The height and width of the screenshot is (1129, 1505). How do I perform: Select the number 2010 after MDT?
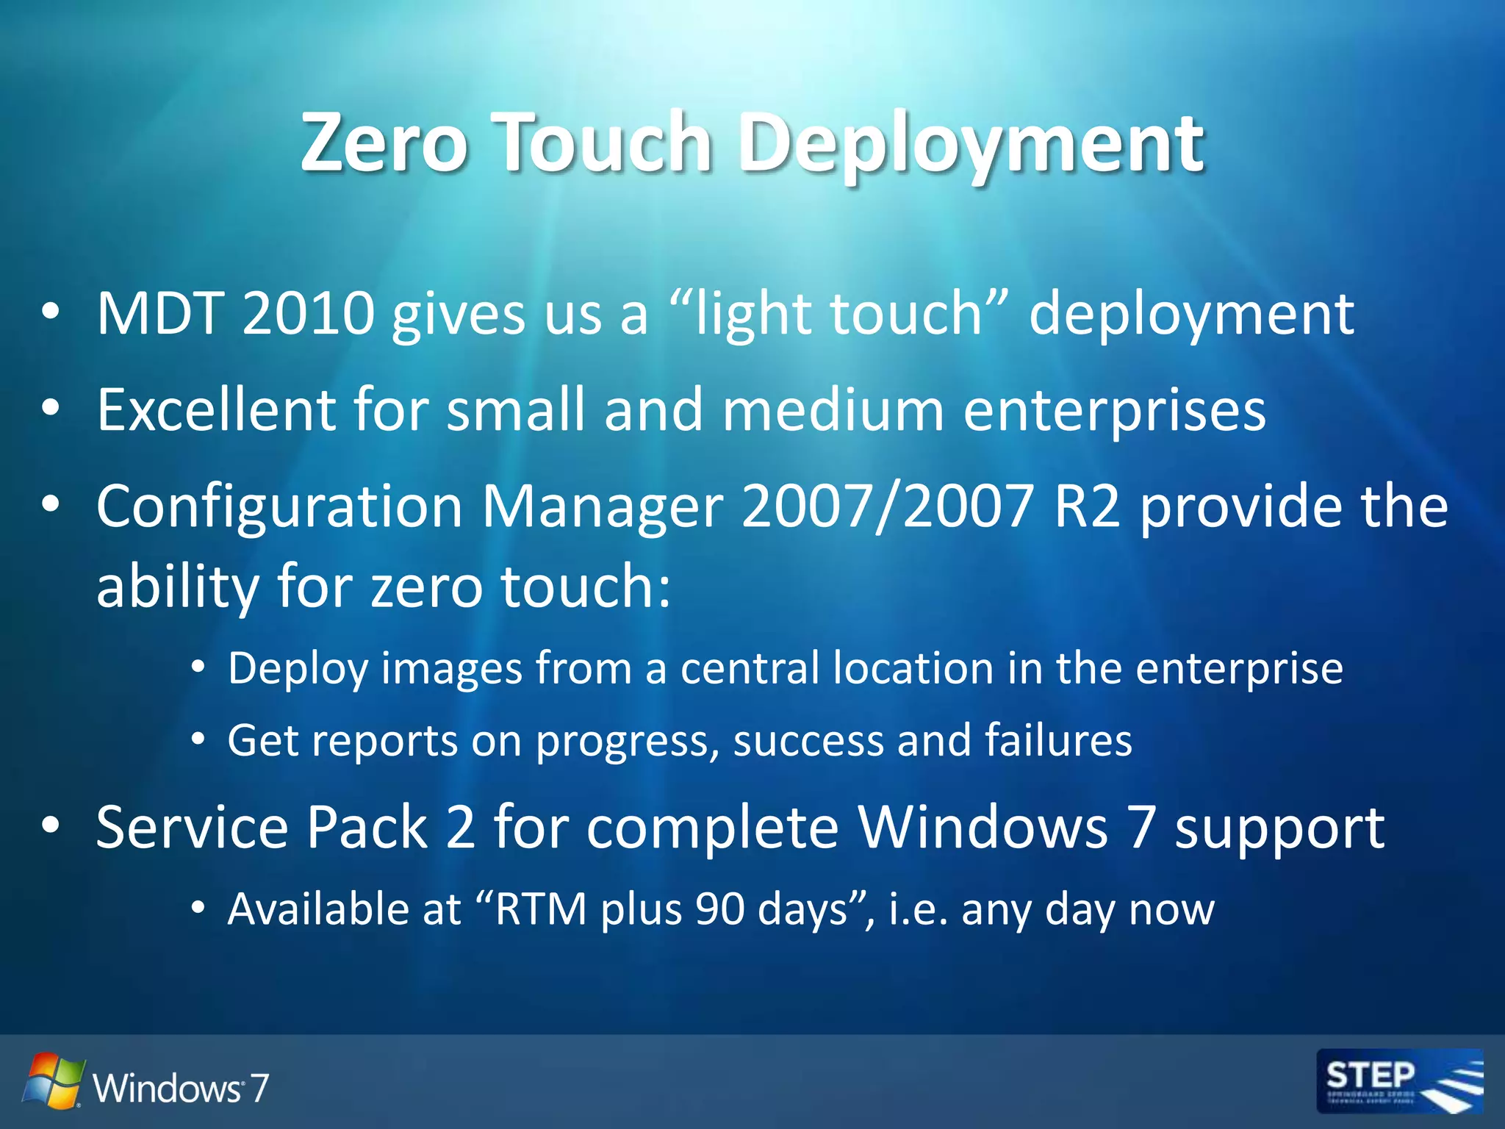click(308, 314)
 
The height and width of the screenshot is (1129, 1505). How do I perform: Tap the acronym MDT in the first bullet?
click(160, 314)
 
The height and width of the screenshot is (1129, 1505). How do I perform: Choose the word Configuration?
click(279, 506)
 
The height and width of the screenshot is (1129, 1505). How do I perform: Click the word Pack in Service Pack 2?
click(367, 828)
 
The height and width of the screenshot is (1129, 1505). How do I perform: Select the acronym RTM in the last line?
click(539, 909)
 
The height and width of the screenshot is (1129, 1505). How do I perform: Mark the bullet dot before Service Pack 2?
click(50, 825)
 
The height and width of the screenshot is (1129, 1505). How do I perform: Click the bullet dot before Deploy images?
click(197, 667)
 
